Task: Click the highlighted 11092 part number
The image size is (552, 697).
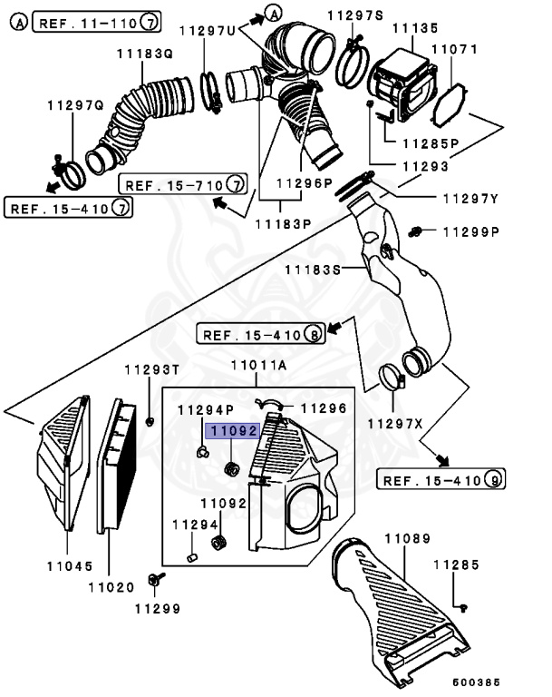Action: coord(235,431)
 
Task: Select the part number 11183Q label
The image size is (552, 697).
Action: coord(143,54)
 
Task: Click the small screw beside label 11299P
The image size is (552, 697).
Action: coord(419,231)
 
